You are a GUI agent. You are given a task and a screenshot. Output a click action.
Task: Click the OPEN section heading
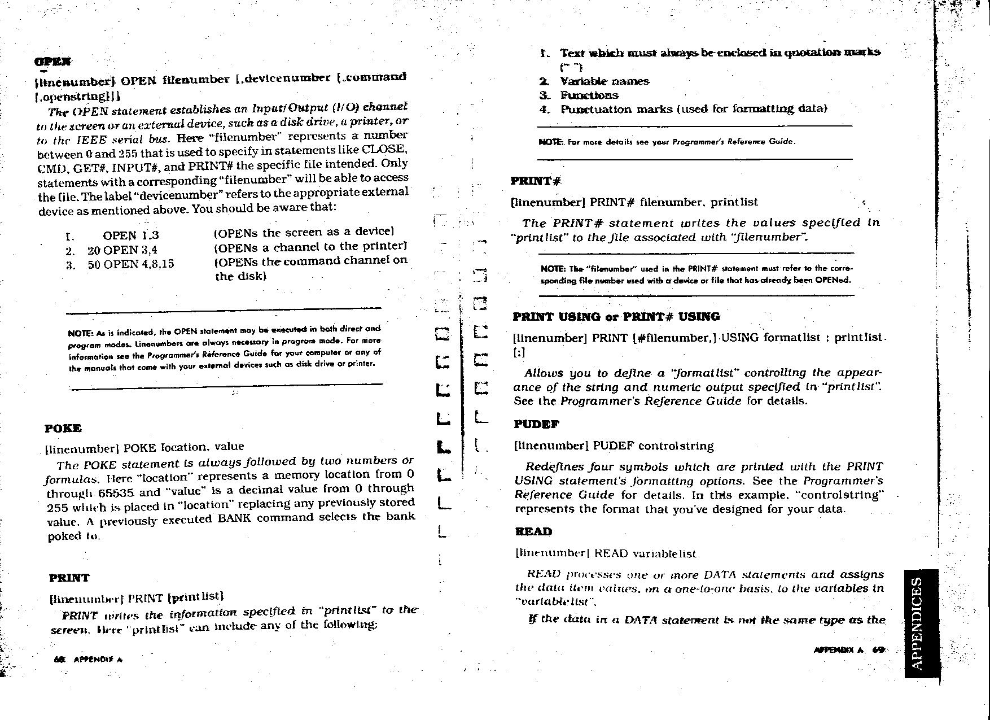52,62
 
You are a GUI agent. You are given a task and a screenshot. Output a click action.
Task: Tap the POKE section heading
63,429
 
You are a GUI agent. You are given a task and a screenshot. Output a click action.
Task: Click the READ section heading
533,531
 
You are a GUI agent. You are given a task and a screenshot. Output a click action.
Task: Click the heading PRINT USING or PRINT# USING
616,317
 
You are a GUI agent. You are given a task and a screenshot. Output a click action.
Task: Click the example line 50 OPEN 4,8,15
130,264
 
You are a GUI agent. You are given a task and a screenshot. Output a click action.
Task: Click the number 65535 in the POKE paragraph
115,492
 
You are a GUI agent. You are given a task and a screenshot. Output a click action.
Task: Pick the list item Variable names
604,82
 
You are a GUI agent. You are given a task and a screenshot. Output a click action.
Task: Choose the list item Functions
589,95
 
